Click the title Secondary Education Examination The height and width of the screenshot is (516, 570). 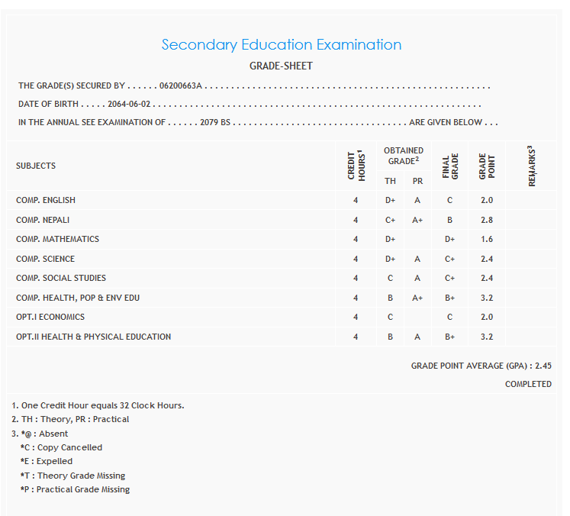[281, 45]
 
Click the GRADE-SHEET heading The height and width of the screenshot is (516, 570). [281, 66]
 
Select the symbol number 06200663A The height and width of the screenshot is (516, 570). [181, 86]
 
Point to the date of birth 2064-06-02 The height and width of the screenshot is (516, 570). [129, 105]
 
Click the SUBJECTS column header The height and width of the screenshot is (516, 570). [36, 166]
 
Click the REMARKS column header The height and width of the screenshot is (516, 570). [531, 166]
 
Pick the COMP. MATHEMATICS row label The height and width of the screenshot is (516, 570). [57, 239]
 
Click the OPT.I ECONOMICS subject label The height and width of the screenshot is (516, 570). [50, 317]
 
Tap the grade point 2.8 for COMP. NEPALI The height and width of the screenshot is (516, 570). [487, 220]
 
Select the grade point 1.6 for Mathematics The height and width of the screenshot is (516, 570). [487, 239]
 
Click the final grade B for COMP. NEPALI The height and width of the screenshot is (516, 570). [450, 220]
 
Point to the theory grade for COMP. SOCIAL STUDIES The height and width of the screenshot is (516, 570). [390, 278]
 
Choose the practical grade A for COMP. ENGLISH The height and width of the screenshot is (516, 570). [417, 200]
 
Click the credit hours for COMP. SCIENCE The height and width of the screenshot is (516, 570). [356, 259]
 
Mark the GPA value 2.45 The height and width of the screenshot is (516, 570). [543, 366]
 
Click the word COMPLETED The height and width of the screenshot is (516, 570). [528, 384]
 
